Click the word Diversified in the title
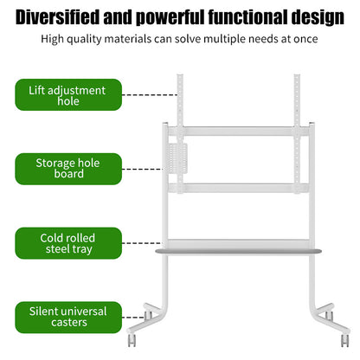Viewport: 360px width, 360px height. click(x=57, y=17)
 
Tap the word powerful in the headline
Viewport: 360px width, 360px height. click(x=170, y=18)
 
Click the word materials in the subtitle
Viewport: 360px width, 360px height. click(x=128, y=39)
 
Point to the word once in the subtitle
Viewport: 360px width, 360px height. click(x=305, y=39)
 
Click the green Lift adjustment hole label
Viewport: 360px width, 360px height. click(x=68, y=94)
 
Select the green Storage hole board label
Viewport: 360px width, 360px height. click(x=68, y=169)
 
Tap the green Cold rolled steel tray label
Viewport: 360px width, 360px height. click(x=68, y=243)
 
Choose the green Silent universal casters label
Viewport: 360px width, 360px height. click(x=68, y=318)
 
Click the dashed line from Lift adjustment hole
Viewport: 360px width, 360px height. click(x=150, y=94)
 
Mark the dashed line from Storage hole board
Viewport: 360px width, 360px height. click(x=143, y=169)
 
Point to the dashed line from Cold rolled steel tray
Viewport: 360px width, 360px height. click(x=142, y=243)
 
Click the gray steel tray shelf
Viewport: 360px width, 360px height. click(x=238, y=251)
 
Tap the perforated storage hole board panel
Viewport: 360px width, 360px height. click(x=177, y=158)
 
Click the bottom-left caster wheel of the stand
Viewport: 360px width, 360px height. click(x=132, y=340)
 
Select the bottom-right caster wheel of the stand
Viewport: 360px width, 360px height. click(x=345, y=340)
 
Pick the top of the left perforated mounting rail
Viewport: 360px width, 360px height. click(x=180, y=75)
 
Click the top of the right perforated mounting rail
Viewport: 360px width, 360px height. click(x=297, y=75)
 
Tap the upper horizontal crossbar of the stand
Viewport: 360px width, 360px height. click(x=238, y=132)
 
